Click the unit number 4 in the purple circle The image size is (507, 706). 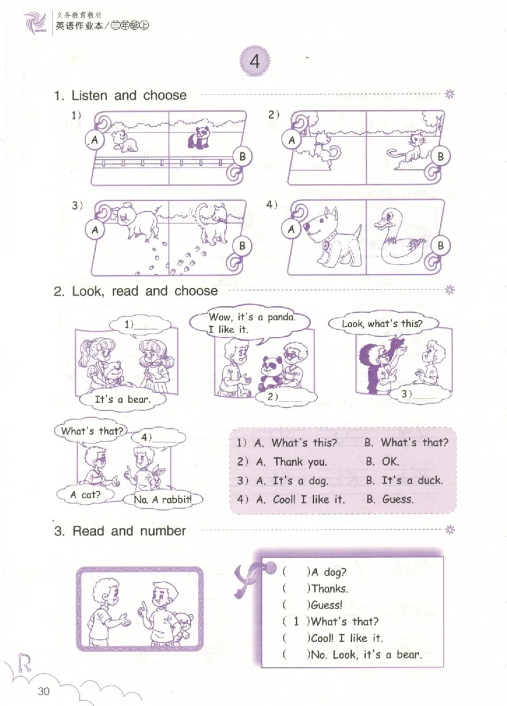point(255,61)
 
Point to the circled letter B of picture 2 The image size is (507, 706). point(440,157)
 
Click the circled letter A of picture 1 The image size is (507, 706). point(94,140)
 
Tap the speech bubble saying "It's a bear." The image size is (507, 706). point(122,400)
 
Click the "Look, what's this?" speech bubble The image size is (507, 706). point(382,324)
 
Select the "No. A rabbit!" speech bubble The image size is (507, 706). point(162,499)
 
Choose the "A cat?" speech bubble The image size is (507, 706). point(86,495)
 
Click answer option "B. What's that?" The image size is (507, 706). point(406,443)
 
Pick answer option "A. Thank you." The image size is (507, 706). point(292,462)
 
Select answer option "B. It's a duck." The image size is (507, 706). point(404,480)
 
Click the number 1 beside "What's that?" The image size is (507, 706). point(296,622)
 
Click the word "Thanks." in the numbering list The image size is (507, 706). point(330,589)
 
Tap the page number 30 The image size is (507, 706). point(44,691)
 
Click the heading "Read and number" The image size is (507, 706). point(129,531)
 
